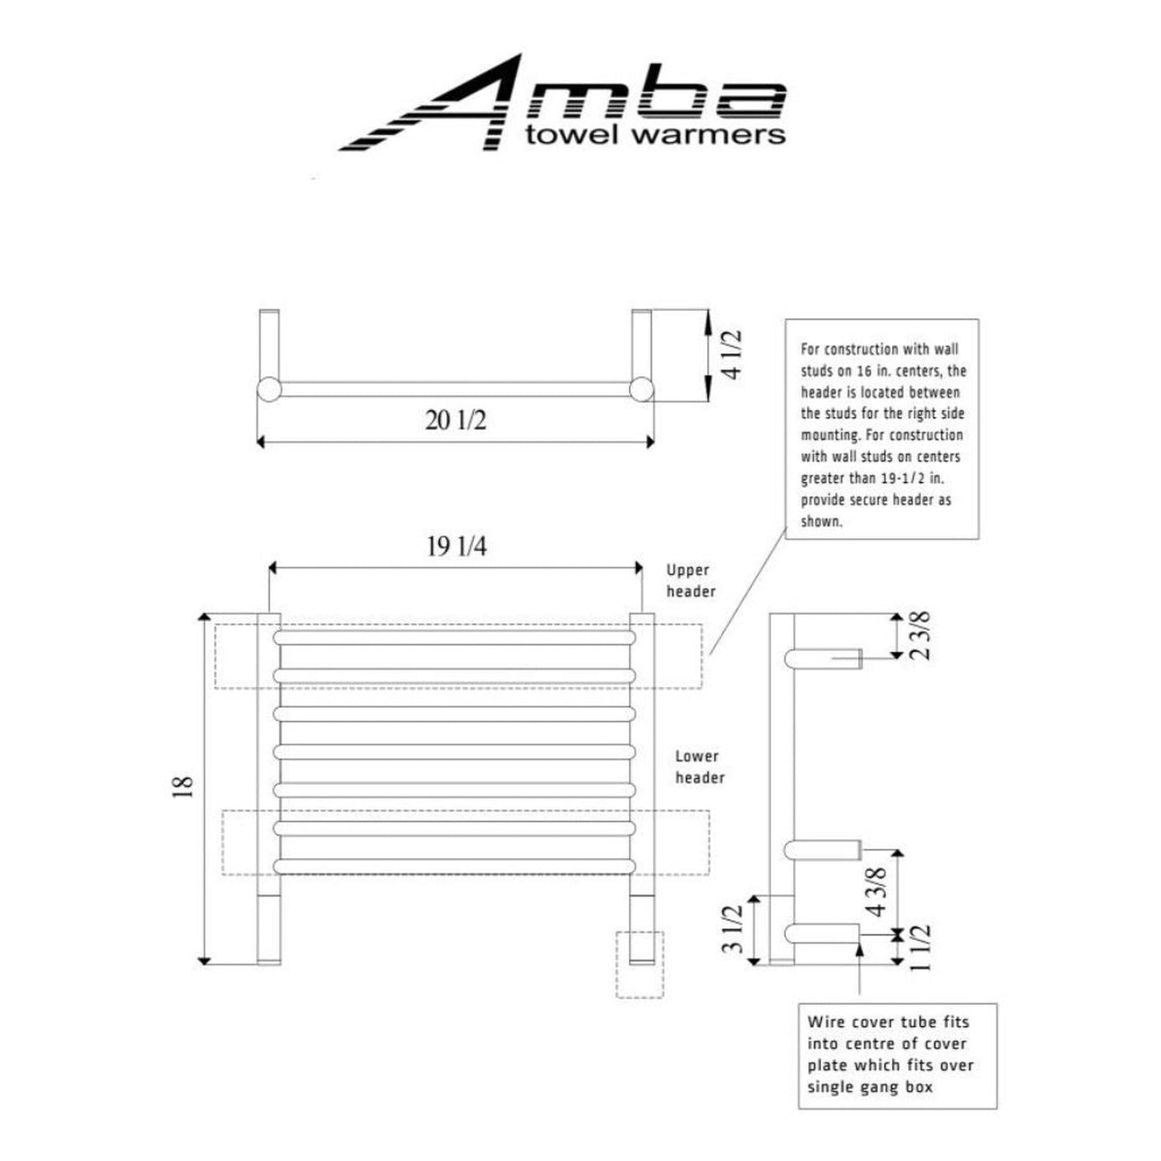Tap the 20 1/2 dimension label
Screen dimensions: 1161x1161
point(456,419)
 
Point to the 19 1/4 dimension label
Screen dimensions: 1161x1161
point(456,547)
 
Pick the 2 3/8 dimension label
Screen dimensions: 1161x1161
point(922,636)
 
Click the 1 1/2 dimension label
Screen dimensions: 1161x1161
point(922,947)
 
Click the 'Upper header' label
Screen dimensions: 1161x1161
point(689,581)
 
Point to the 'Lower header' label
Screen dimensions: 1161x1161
point(699,767)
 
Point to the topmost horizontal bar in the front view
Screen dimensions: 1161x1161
point(456,637)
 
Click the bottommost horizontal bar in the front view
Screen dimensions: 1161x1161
point(456,866)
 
